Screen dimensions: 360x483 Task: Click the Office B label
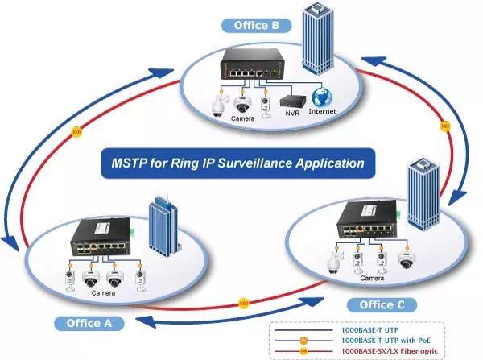click(x=256, y=25)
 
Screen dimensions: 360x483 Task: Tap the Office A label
click(x=89, y=324)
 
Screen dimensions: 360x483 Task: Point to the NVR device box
click(x=290, y=102)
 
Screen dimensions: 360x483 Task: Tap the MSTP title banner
click(x=238, y=163)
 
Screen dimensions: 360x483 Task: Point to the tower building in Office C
click(x=423, y=193)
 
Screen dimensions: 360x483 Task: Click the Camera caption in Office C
click(x=371, y=278)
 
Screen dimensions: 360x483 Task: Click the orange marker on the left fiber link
click(x=76, y=130)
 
